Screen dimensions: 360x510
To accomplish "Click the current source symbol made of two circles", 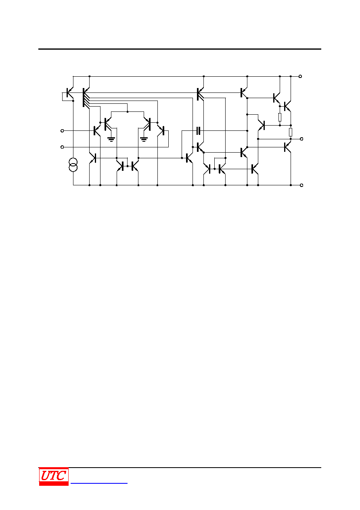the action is tap(73, 165).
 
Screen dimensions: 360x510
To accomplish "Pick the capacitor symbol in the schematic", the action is tap(198, 131).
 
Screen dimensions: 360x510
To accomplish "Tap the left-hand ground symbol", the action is tap(111, 139).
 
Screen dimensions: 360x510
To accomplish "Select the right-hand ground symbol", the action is tap(144, 139).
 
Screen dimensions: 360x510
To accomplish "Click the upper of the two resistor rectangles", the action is tap(280, 117).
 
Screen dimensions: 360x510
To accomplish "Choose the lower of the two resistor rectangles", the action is tap(291, 132).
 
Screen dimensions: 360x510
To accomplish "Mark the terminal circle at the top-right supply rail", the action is tap(300, 76).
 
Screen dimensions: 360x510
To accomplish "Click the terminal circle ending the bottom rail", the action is tap(301, 185).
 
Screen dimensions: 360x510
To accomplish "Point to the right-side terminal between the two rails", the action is tap(301, 139).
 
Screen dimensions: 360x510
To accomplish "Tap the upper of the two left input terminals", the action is tap(62, 131).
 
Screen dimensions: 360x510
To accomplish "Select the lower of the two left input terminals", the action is tap(62, 147).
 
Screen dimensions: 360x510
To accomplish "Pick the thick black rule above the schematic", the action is tap(180, 49).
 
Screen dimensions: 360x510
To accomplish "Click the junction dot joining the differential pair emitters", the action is tap(128, 112).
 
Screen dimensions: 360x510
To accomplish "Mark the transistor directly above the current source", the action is tap(69, 93).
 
